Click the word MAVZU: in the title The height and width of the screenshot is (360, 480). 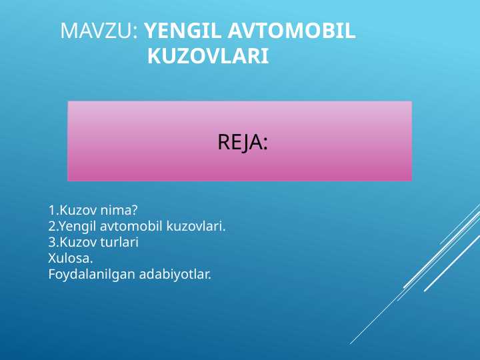99,31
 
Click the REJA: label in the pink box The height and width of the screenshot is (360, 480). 243,142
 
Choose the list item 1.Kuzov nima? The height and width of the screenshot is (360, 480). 93,210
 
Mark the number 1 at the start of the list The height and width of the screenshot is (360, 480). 51,211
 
